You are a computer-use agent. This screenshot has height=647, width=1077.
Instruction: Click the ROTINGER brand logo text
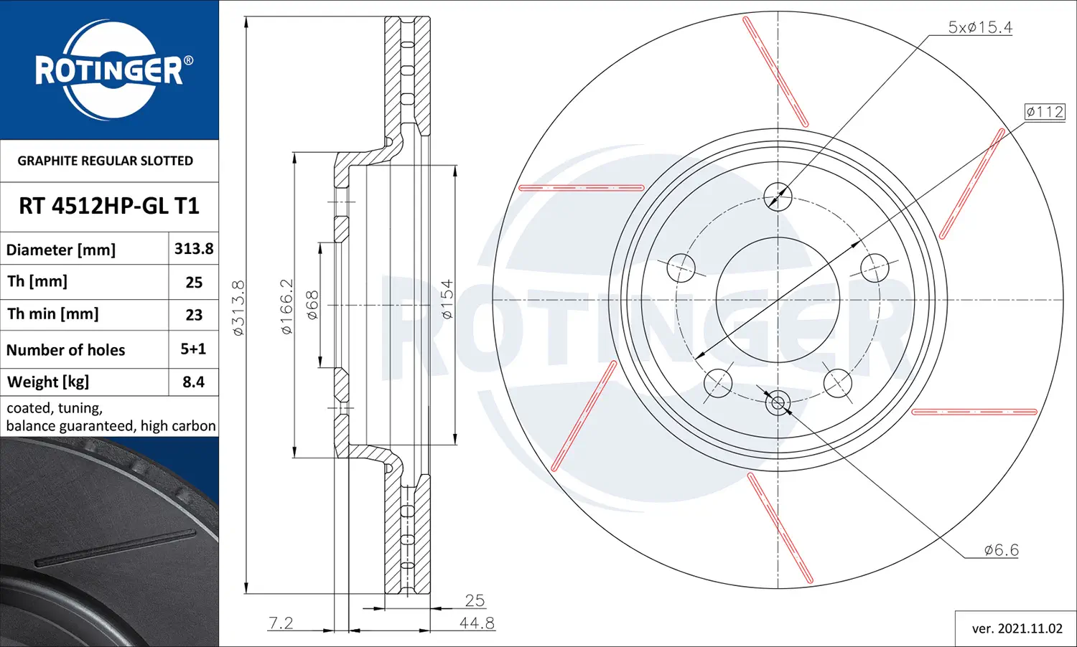[x=109, y=70]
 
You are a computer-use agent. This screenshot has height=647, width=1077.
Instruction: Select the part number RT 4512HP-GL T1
[x=109, y=206]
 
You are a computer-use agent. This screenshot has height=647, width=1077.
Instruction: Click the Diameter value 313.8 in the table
[x=194, y=248]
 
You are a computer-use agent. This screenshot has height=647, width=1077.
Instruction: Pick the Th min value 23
[x=194, y=315]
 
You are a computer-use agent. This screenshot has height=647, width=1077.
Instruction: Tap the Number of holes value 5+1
[x=193, y=349]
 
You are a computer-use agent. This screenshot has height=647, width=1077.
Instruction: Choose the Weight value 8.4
[x=193, y=382]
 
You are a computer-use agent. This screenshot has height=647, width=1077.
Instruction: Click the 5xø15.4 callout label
[x=980, y=27]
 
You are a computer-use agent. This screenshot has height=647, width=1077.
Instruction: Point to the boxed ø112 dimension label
[x=1044, y=112]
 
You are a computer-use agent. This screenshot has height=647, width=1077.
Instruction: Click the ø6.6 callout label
[x=1001, y=549]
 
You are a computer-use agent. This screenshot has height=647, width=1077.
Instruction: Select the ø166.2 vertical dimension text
[x=286, y=306]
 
